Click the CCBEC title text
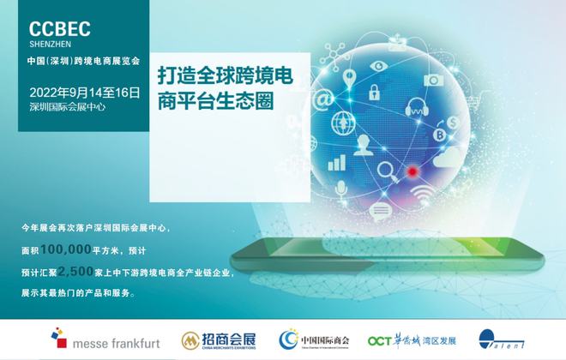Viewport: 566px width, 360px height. (x=59, y=29)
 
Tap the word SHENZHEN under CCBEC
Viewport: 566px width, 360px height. (x=51, y=45)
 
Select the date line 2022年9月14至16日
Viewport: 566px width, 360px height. (x=84, y=93)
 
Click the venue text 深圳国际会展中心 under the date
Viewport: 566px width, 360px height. (x=68, y=107)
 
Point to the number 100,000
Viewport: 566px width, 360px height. (x=66, y=249)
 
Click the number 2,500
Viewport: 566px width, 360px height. (x=75, y=271)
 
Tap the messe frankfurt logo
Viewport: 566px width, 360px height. (x=105, y=339)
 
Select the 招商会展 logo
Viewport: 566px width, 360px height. (x=219, y=340)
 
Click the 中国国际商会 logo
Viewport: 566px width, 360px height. (x=314, y=339)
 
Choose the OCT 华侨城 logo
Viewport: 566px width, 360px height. (x=412, y=340)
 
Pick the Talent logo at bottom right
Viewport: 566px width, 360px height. (x=501, y=339)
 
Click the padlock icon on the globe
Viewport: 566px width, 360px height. (x=374, y=92)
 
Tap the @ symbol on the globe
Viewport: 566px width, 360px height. (x=323, y=99)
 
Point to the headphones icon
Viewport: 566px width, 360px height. (x=417, y=107)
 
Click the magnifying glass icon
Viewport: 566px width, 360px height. (x=388, y=171)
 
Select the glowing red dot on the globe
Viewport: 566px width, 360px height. (x=412, y=171)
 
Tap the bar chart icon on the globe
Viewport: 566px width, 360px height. (x=337, y=163)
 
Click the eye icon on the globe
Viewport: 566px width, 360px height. (x=379, y=66)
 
